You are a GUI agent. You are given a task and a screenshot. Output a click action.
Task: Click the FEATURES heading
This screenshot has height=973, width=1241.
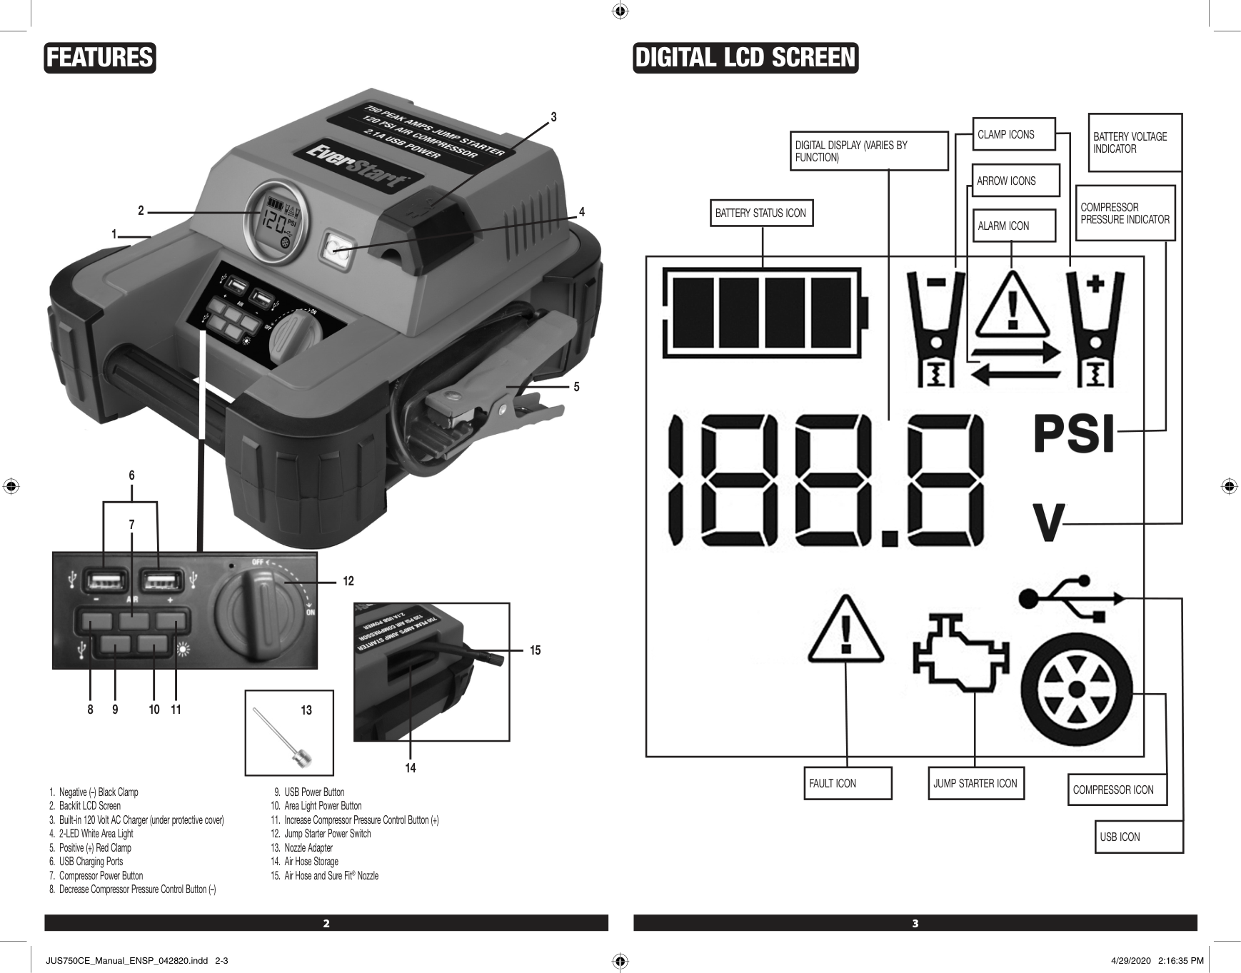(x=100, y=58)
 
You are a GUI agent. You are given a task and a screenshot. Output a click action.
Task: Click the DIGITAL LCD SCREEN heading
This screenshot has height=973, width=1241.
(x=745, y=58)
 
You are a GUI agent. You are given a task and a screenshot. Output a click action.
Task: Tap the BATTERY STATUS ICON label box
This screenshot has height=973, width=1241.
(x=761, y=213)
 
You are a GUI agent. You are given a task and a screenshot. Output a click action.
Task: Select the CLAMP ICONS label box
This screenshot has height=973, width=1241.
(x=1014, y=134)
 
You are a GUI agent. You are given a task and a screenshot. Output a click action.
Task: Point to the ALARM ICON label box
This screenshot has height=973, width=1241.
(x=1014, y=226)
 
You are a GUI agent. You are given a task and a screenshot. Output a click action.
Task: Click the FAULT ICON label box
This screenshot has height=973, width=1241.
(x=848, y=783)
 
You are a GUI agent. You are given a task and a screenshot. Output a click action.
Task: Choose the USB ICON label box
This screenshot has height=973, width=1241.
(x=1140, y=837)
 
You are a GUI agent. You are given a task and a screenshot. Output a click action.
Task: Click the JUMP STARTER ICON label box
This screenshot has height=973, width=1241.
(x=975, y=783)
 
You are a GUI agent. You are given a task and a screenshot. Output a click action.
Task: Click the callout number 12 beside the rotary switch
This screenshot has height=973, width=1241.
(x=348, y=582)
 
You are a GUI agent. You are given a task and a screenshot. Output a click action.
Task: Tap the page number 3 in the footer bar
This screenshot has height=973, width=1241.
(x=915, y=924)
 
